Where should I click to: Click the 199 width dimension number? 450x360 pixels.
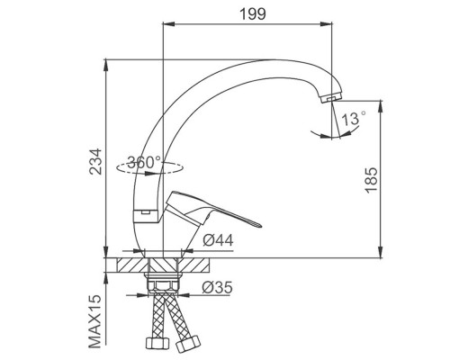pyautogui.click(x=253, y=13)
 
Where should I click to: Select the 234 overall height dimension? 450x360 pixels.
pyautogui.click(x=96, y=161)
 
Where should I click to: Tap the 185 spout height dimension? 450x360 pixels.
pyautogui.click(x=371, y=180)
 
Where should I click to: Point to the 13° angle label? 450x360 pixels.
pyautogui.click(x=354, y=118)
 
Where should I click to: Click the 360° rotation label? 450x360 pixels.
pyautogui.click(x=144, y=163)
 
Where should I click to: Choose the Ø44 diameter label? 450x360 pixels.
pyautogui.click(x=218, y=240)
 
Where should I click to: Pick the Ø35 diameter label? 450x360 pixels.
pyautogui.click(x=217, y=287)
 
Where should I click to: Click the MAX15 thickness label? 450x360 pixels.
pyautogui.click(x=95, y=321)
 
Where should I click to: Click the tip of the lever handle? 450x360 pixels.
pyautogui.click(x=261, y=226)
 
